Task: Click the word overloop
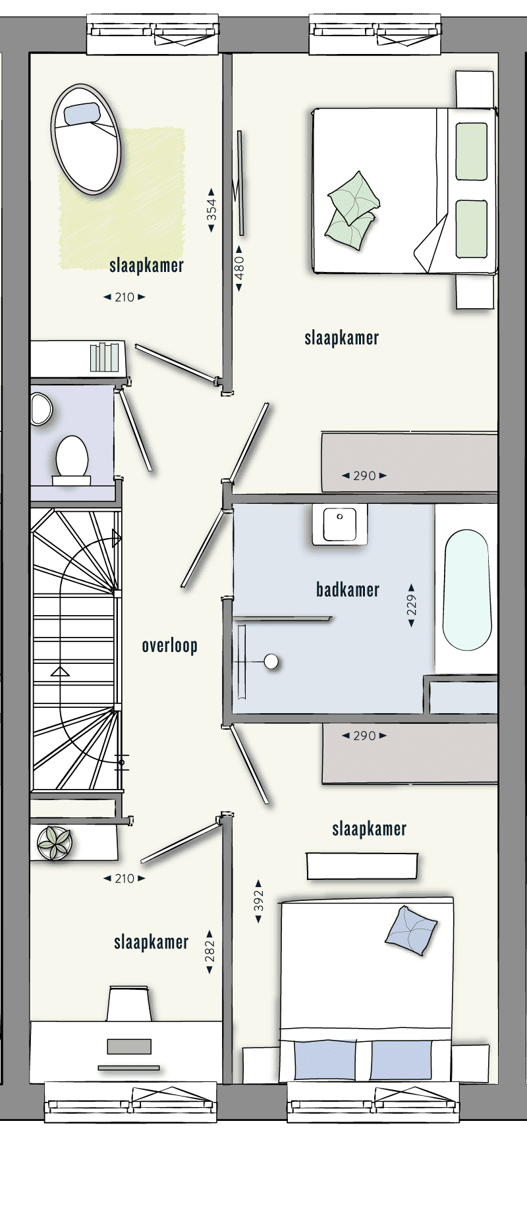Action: pos(170,645)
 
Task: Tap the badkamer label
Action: pos(348,589)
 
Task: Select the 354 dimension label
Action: pos(211,210)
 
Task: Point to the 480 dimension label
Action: pos(240,268)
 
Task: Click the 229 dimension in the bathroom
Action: pos(412,605)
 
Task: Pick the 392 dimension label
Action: pos(259,901)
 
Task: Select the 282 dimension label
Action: pos(210,952)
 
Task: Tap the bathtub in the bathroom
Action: pos(467,590)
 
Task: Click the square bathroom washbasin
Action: pos(340,524)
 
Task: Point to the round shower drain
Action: pos(271,661)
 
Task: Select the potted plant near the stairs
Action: pos(54,843)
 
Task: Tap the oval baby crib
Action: pos(86,139)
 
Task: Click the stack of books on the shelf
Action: pos(104,358)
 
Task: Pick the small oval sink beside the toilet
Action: pos(41,409)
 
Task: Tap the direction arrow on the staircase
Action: pos(61,672)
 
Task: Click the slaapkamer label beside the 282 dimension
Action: pos(151,942)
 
